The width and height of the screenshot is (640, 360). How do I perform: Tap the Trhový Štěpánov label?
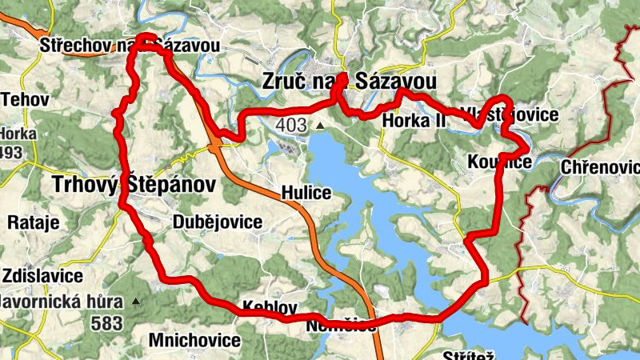pos(134,185)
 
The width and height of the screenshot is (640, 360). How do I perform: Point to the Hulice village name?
pos(306,193)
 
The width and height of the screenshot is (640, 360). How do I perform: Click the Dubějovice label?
pos(216,222)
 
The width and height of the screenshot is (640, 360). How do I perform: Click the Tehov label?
pos(26,100)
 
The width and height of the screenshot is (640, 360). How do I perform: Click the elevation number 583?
pos(106,323)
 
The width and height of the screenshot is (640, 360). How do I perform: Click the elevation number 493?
pos(10,152)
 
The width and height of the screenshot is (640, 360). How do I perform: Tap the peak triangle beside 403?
pos(319,126)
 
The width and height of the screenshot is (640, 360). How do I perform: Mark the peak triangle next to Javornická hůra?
pos(136,302)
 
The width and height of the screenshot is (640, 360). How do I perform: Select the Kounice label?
pos(500,163)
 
